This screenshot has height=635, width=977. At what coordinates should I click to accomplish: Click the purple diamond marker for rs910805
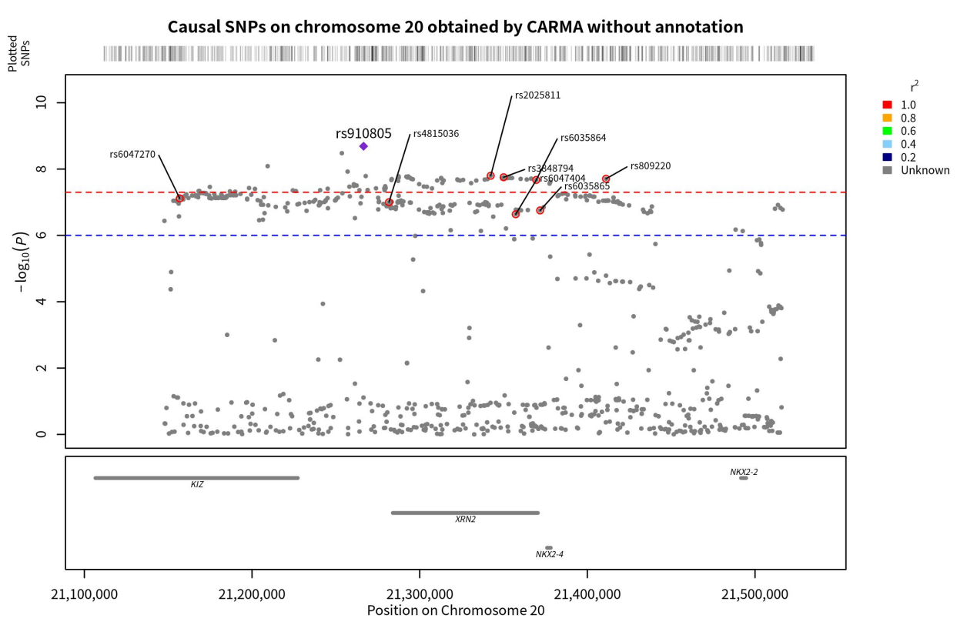[x=363, y=146]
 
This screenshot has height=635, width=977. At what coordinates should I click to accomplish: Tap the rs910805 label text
[x=363, y=133]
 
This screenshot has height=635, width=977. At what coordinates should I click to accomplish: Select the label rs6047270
[x=132, y=155]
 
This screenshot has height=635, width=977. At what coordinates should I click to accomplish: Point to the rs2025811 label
[x=537, y=96]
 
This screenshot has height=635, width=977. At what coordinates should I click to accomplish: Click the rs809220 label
[x=650, y=166]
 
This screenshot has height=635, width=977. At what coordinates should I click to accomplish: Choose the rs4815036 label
[x=436, y=134]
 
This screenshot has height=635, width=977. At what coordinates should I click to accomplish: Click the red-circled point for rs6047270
[x=179, y=199]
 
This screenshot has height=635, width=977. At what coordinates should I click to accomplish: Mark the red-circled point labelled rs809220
[x=606, y=179]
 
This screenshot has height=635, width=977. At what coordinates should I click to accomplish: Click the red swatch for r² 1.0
[x=887, y=105]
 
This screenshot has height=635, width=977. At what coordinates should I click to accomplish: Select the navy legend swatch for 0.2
[x=887, y=157]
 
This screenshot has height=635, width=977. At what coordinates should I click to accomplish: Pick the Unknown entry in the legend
[x=925, y=170]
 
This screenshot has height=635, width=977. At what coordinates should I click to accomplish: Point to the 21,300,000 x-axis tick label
[x=420, y=594]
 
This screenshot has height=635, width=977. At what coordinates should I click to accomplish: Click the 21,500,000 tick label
[x=754, y=594]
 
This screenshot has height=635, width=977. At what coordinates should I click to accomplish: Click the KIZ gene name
[x=197, y=485]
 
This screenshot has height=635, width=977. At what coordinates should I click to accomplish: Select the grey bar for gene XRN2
[x=465, y=513]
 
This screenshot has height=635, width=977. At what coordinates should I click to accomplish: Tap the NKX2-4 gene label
[x=550, y=554]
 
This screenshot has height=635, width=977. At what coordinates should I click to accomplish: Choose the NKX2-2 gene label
[x=744, y=472]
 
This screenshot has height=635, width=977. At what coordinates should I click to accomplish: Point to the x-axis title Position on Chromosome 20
[x=456, y=610]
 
